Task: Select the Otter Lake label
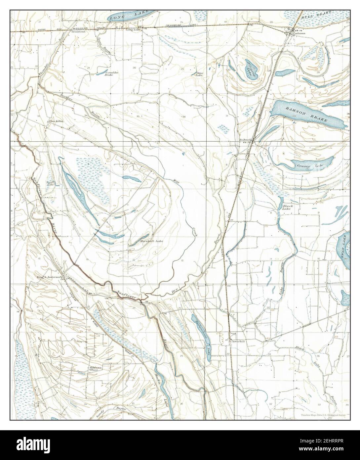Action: tap(200, 74)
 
